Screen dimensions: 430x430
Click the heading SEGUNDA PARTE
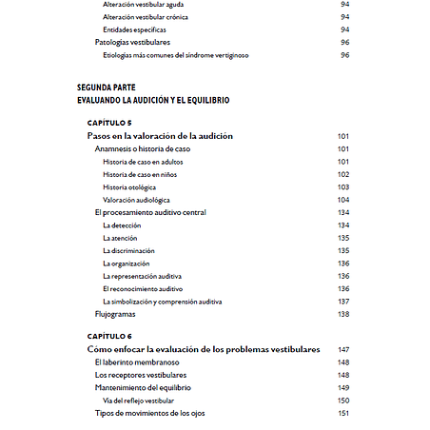coord(106,87)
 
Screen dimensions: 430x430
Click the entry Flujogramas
coord(115,314)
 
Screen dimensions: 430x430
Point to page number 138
coord(344,314)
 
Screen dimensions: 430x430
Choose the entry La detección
coord(121,225)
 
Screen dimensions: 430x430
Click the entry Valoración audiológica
coord(136,200)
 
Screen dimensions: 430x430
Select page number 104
coord(344,200)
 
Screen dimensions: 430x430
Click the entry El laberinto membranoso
coord(137,362)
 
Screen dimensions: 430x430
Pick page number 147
coord(344,349)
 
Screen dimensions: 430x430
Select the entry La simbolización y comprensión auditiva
coord(162,301)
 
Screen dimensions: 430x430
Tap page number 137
coord(344,301)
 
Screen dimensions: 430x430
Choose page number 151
coord(344,413)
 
